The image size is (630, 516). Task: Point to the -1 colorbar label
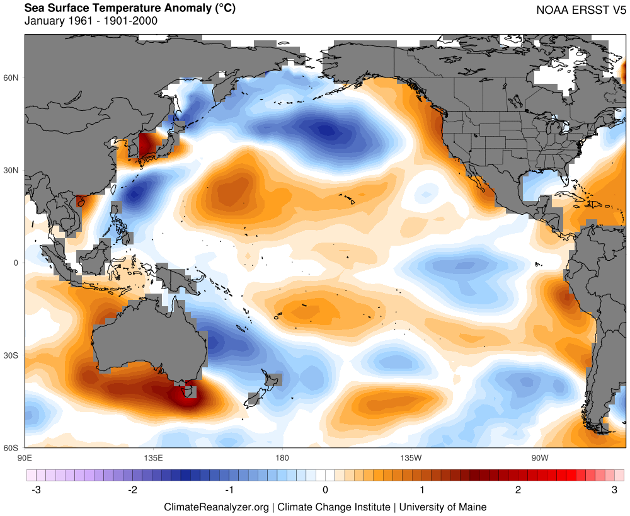click(x=229, y=490)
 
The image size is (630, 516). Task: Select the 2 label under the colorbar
click(x=518, y=490)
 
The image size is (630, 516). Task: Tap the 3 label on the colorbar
click(x=615, y=490)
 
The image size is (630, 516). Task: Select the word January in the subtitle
click(x=43, y=21)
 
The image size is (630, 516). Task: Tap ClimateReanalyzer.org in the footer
click(x=216, y=507)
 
